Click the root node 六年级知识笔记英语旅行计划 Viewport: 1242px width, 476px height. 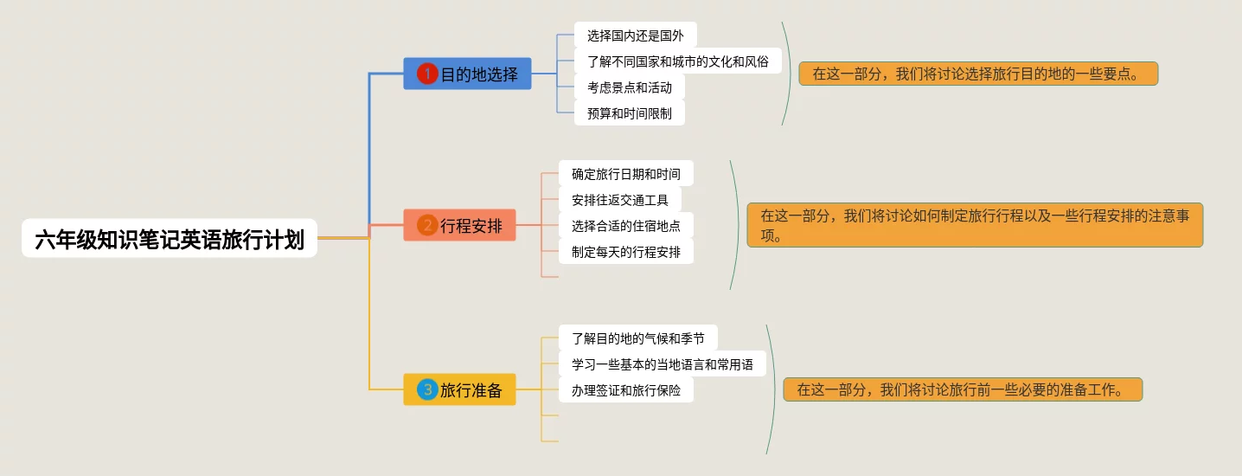tap(170, 238)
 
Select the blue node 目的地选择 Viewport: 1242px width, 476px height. tap(467, 74)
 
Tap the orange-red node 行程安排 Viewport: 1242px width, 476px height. tap(459, 226)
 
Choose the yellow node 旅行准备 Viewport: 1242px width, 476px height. tap(459, 390)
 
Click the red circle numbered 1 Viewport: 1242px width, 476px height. tap(427, 74)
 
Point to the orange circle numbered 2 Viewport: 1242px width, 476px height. tap(427, 226)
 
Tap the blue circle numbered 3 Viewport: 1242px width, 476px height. tap(427, 390)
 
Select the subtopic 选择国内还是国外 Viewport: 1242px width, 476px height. tap(635, 35)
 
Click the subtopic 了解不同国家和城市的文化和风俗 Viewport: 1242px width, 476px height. tap(677, 61)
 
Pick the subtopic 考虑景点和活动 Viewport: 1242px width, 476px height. tap(629, 87)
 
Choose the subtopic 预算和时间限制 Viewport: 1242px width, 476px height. tap(629, 113)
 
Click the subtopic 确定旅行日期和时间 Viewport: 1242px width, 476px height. tap(625, 174)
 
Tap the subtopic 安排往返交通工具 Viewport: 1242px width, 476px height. tap(619, 200)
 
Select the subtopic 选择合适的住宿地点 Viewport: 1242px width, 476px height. tap(625, 226)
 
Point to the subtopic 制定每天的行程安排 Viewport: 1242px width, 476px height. tap(625, 252)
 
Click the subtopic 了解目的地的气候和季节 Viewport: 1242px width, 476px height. tap(637, 338)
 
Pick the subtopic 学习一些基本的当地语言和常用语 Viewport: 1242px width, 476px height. tap(662, 364)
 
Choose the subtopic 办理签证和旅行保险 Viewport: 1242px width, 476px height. tap(625, 390)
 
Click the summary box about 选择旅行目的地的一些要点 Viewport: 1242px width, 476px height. tap(978, 74)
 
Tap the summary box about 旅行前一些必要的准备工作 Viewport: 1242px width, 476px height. tap(963, 389)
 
